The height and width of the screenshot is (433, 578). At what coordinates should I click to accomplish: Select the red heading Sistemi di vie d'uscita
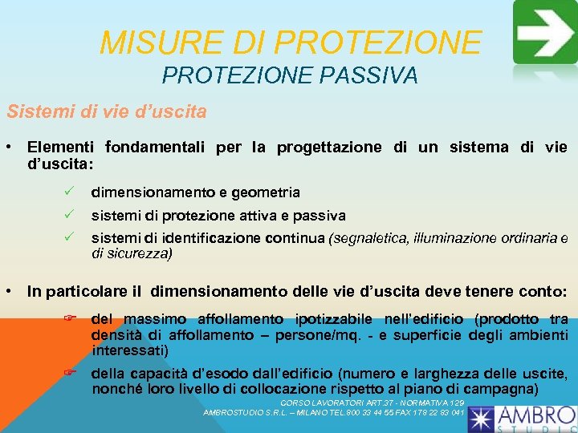coord(106,111)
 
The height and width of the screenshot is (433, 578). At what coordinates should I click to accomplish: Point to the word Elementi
coord(60,148)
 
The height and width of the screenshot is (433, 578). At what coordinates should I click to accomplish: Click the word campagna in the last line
coord(504,389)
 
